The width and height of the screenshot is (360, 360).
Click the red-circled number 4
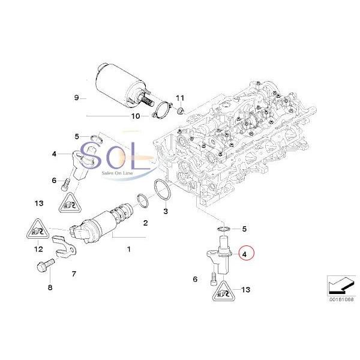point(245,254)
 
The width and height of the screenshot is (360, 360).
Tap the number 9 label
point(76,97)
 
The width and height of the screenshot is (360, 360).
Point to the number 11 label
point(181,97)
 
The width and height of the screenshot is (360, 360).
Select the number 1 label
point(128,247)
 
